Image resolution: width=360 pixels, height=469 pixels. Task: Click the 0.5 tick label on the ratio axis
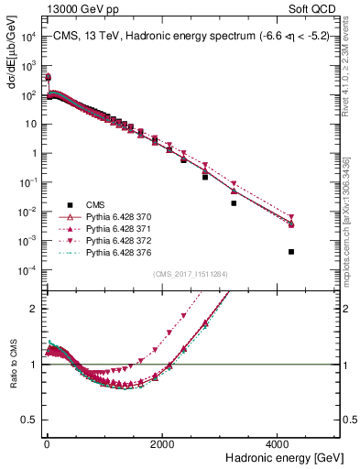click(29, 420)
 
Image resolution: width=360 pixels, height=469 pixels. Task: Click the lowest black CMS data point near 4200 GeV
click(291, 251)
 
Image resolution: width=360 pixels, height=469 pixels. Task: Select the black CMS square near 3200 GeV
click(234, 203)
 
